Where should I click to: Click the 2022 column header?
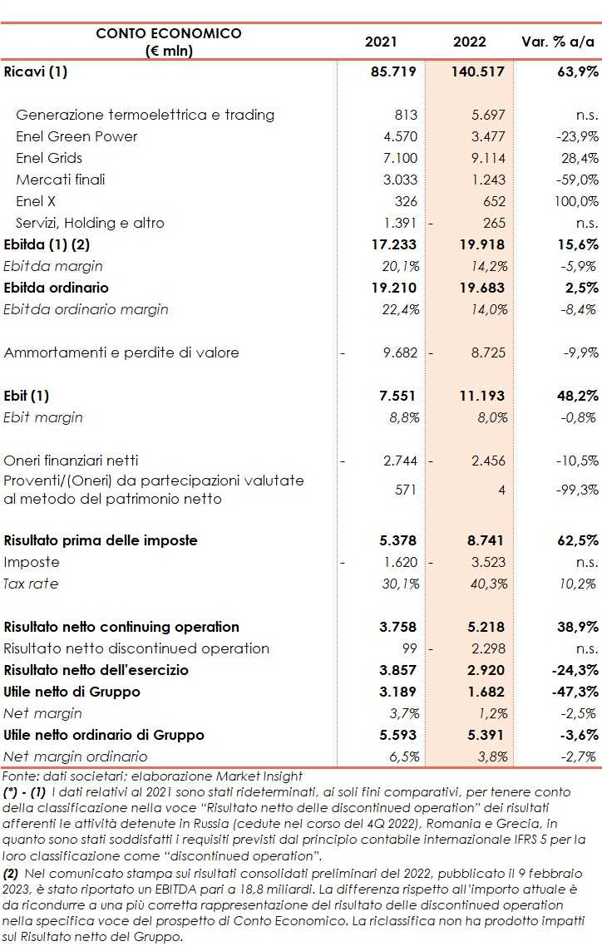470,42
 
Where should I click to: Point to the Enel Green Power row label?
76,136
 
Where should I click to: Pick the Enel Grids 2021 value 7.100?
401,158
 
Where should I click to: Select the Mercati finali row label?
61,180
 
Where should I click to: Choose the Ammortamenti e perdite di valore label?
121,352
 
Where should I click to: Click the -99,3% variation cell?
576,490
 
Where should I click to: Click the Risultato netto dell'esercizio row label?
96,670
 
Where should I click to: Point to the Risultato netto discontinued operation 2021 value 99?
407,648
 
